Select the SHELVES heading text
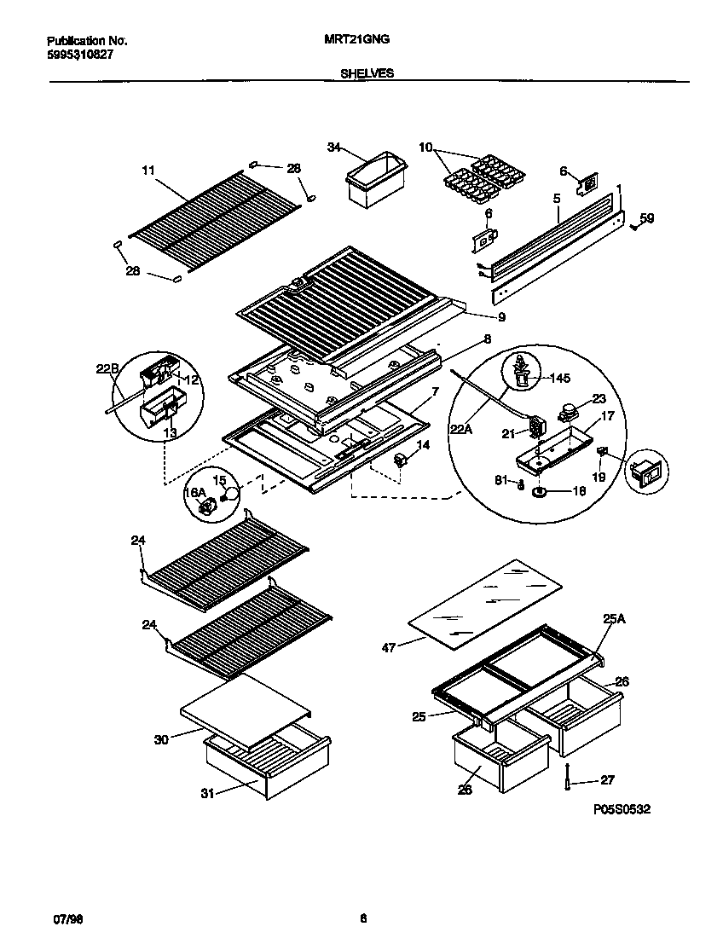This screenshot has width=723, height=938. point(367,74)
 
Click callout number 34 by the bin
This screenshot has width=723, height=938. point(333,148)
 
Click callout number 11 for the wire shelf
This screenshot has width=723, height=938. point(148,171)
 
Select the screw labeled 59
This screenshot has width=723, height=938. point(634,226)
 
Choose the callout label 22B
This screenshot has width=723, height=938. point(107,368)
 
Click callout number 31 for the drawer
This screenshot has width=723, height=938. point(207,794)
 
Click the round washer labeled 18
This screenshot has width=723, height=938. point(541,492)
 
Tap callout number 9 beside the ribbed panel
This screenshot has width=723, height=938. point(501,317)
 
